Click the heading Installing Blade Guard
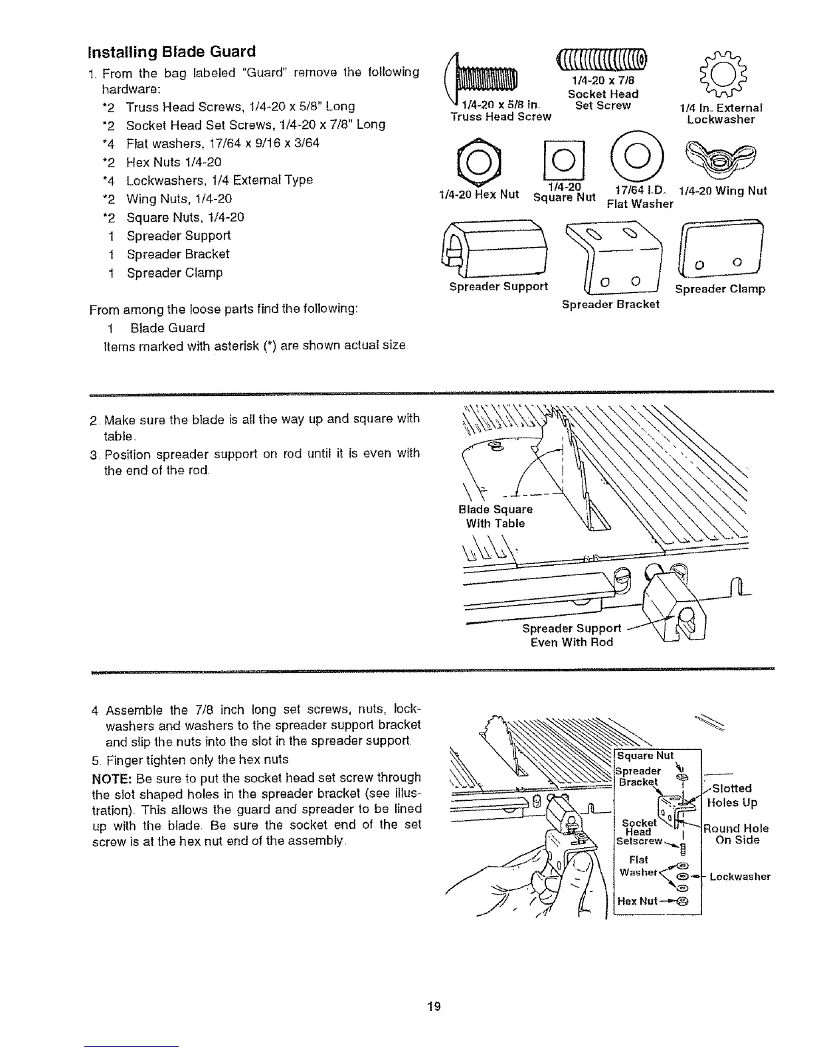point(171,51)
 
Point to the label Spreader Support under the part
point(499,286)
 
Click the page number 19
point(434,1005)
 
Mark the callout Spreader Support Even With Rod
point(571,635)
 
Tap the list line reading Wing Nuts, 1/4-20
point(179,199)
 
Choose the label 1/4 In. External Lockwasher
point(721,114)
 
